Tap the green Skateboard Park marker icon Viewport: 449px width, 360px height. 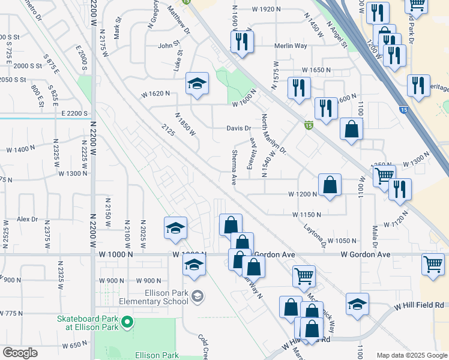tap(127, 323)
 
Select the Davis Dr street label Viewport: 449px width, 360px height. tap(238, 128)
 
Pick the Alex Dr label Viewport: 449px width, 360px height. tap(27, 220)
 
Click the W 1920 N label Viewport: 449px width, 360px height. tap(267, 9)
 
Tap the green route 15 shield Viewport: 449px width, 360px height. tap(309, 125)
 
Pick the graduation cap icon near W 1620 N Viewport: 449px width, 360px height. tap(196, 85)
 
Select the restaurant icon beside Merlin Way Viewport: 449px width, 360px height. tap(242, 41)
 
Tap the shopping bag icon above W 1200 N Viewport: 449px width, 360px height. tap(330, 185)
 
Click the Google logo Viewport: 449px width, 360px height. tap(20, 353)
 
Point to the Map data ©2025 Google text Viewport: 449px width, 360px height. tap(411, 355)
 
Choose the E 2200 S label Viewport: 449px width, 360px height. tap(74, 113)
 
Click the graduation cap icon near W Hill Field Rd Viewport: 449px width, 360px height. tap(357, 304)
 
